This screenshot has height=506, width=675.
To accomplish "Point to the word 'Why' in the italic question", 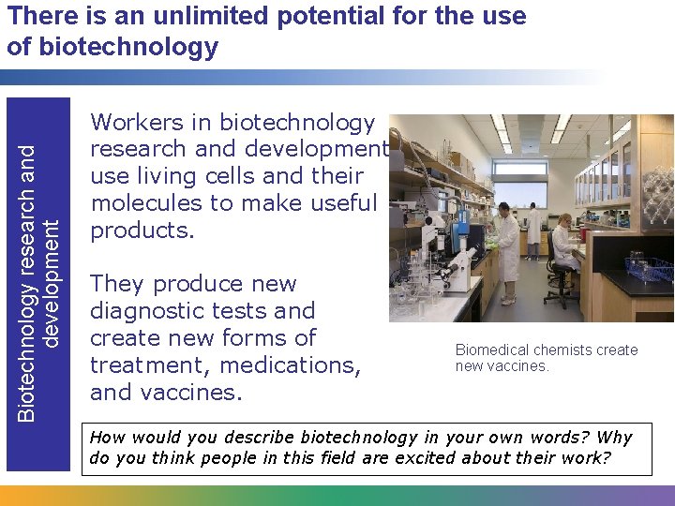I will (x=614, y=438).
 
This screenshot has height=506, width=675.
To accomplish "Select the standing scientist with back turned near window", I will (x=533, y=229).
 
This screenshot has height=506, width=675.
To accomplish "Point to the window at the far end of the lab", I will (x=520, y=186).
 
